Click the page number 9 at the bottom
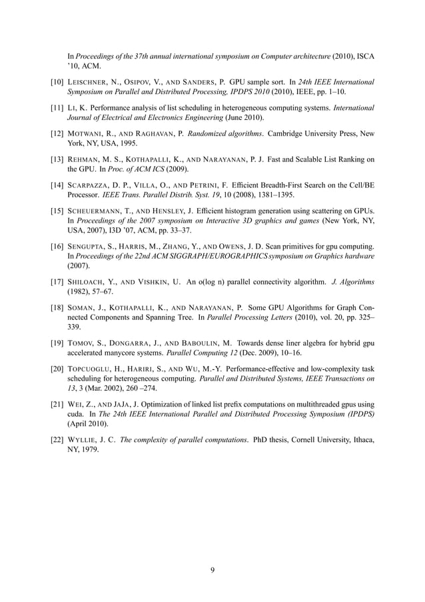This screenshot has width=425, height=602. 212,569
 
